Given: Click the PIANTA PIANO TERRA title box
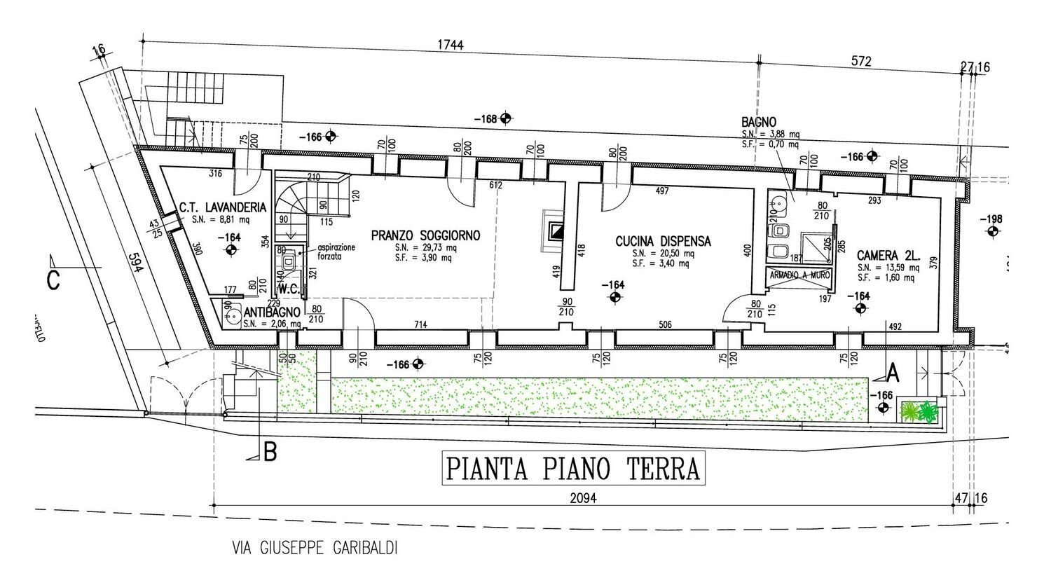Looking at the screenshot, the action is (573, 469).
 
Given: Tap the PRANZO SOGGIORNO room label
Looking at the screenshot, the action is (426, 236).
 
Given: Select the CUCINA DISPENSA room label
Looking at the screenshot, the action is (663, 241).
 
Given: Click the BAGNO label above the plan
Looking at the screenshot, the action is (759, 123).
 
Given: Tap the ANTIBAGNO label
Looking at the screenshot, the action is (272, 312).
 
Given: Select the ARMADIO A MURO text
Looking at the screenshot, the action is (800, 275).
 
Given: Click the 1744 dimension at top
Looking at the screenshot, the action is (451, 45).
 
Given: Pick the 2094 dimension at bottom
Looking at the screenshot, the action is (581, 499).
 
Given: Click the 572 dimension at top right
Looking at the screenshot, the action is (860, 62).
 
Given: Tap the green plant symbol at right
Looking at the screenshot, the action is (919, 411).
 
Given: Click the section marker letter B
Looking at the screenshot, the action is (269, 453).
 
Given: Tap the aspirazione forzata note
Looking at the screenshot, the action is (336, 252).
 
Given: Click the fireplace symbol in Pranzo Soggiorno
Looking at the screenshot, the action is (556, 230).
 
